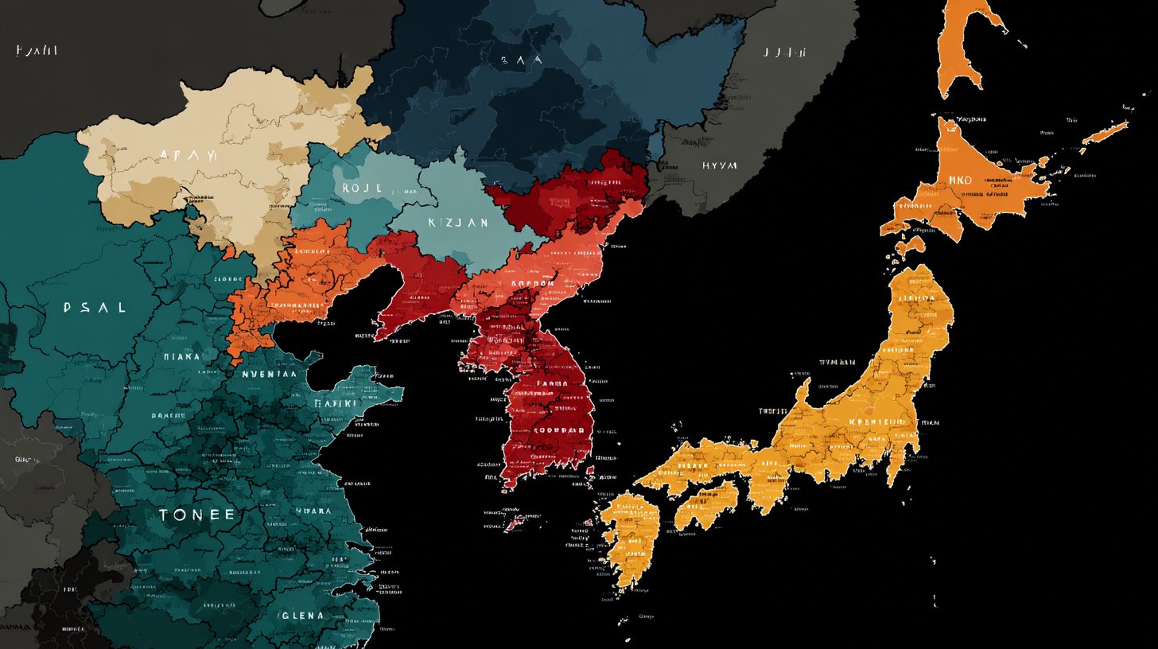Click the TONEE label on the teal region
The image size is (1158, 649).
[197, 515]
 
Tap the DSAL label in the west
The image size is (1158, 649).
[94, 307]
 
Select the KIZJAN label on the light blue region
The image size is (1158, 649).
[458, 223]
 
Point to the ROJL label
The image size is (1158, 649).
[362, 188]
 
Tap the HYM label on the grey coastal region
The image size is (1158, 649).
[719, 166]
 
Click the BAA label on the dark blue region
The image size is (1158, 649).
[522, 59]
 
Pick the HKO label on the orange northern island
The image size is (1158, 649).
[960, 181]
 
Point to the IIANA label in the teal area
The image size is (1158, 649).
[181, 357]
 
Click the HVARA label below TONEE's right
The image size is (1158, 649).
[313, 511]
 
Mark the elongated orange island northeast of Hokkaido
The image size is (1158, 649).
[1106, 132]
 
